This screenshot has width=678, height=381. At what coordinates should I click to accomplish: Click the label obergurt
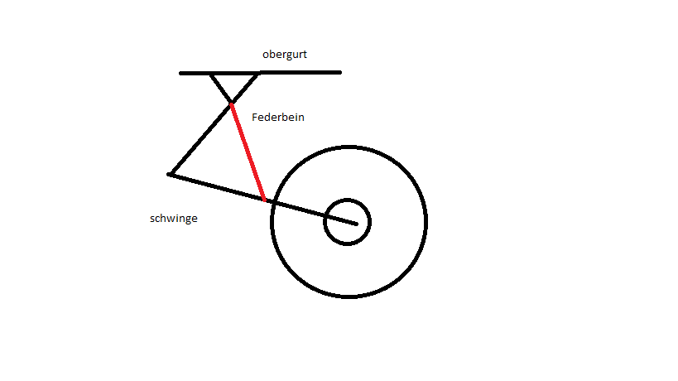(x=285, y=55)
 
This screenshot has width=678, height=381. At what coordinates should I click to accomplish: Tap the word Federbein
(x=278, y=117)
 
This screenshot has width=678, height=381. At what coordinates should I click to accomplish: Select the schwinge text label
(x=174, y=219)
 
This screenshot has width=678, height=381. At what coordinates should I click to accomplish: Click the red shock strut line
(x=248, y=152)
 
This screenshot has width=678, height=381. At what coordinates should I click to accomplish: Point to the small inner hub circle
(x=347, y=200)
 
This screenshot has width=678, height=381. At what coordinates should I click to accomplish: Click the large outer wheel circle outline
(x=349, y=147)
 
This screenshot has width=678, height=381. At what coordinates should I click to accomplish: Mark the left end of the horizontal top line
(x=180, y=73)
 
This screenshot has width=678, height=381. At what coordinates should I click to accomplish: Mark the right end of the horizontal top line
(x=340, y=72)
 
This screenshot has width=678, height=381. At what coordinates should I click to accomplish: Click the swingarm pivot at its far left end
(x=170, y=174)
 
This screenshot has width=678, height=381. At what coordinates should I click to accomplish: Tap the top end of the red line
(x=231, y=104)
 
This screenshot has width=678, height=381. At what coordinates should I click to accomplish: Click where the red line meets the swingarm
(x=265, y=200)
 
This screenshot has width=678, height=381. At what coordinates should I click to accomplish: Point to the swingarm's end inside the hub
(x=356, y=224)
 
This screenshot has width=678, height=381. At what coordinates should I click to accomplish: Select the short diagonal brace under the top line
(x=221, y=89)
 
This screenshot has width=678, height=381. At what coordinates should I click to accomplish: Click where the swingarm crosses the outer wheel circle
(x=273, y=202)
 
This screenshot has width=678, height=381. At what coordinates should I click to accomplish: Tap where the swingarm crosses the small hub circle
(x=325, y=216)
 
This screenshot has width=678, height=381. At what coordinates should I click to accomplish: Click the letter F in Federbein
(x=255, y=117)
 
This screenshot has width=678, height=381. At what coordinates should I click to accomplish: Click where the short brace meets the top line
(x=211, y=75)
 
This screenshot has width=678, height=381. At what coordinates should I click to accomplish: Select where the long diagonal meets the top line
(x=258, y=75)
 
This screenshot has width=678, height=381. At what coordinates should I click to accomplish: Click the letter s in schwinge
(x=152, y=219)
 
